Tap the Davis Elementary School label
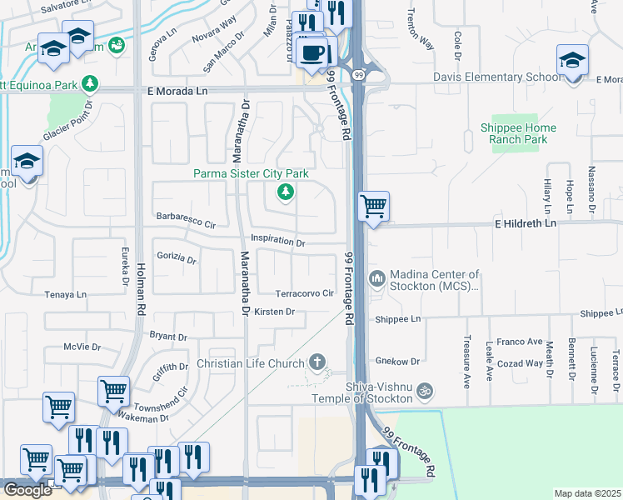tap(496, 77)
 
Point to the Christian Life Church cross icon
tap(316, 362)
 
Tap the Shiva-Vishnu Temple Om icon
tap(424, 390)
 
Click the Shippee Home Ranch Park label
tap(519, 133)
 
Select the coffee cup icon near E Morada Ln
tap(313, 53)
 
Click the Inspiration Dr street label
tap(278, 242)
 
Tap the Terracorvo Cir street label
tap(305, 293)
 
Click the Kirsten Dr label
tap(275, 312)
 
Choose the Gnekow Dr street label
tap(396, 361)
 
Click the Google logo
tap(27, 490)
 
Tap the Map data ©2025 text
tap(588, 493)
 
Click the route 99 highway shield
tap(357, 73)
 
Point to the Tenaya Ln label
tap(65, 294)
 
